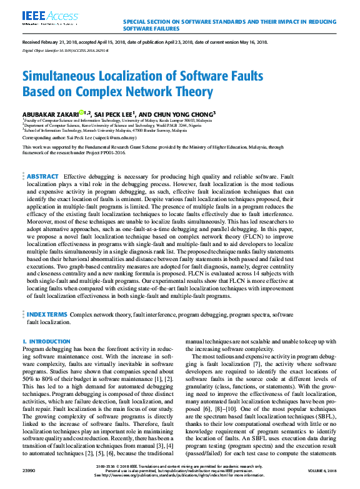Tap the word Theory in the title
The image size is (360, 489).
189,92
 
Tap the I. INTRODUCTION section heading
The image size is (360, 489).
46,341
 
